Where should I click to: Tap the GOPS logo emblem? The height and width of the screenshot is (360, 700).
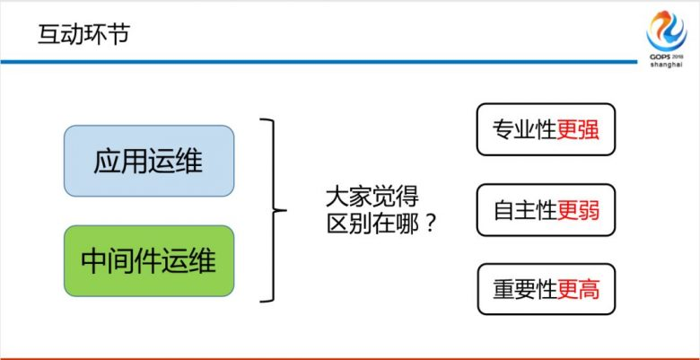pos(665,29)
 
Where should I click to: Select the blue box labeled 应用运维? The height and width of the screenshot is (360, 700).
pos(148,162)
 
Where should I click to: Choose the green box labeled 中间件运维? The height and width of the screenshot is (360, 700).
pos(148,261)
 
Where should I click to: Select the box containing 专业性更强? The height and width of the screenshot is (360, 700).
pos(546,130)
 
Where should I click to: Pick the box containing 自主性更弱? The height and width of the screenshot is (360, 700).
pos(546,210)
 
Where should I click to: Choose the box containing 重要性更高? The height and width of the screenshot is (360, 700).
pos(546,289)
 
